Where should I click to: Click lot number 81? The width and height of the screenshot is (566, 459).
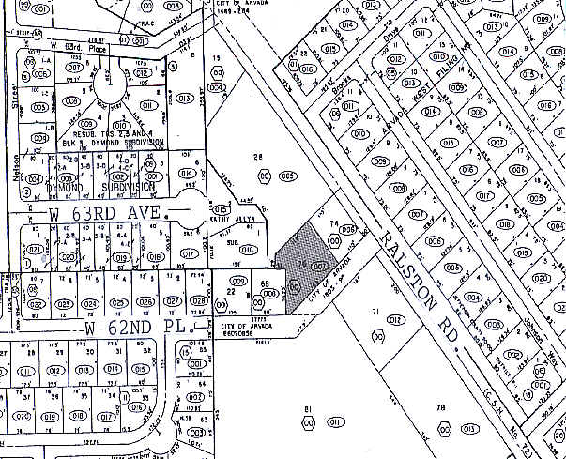click(x=307, y=408)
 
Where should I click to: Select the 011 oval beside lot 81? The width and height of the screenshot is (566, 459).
click(x=334, y=424)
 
